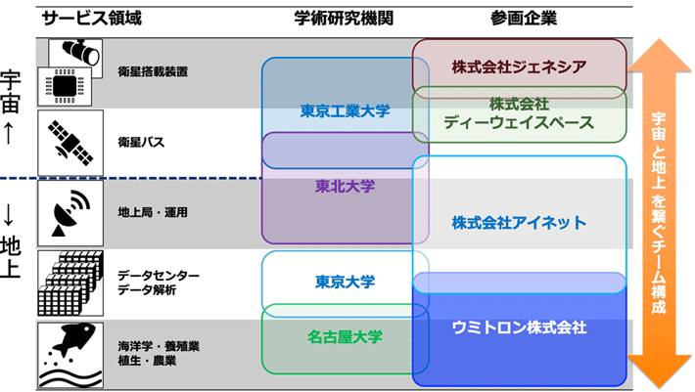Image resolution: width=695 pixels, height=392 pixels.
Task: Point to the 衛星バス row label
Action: (x=141, y=143)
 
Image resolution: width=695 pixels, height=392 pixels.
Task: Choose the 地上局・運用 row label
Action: (x=152, y=212)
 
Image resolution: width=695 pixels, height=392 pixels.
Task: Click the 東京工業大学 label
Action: (x=345, y=111)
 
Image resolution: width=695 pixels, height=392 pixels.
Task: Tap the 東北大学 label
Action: (x=345, y=185)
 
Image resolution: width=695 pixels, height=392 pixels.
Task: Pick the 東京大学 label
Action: (x=345, y=282)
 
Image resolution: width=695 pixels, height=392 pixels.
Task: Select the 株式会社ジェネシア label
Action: (x=519, y=66)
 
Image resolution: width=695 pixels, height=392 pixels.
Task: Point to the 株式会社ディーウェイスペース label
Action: (x=519, y=113)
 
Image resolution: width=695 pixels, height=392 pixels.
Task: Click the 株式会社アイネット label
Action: (x=519, y=223)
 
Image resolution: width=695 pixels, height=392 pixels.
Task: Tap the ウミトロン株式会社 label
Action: (x=519, y=328)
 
